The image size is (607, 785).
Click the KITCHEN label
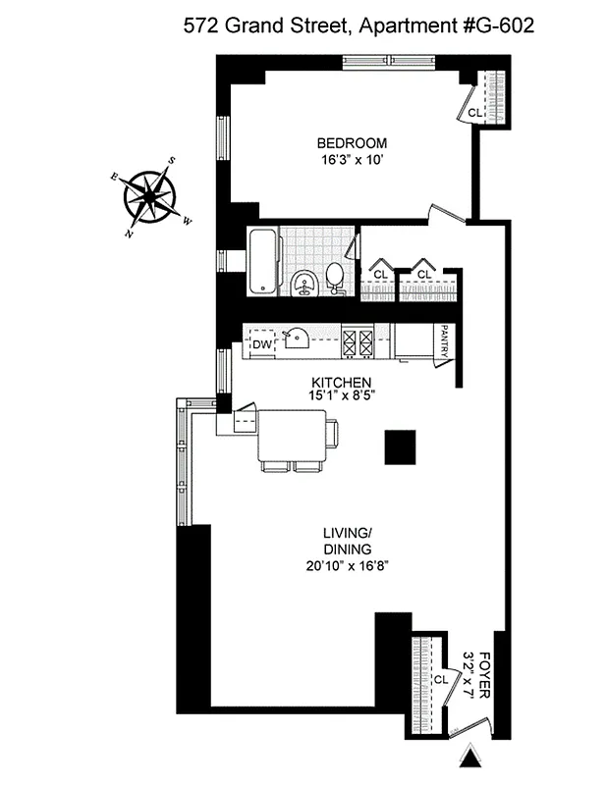tap(341, 382)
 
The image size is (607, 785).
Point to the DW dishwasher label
tap(261, 345)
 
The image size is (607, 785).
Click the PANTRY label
tap(445, 341)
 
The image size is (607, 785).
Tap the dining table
tap(292, 435)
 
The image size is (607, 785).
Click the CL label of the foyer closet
tap(441, 678)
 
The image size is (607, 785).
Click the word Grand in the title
tap(253, 26)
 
